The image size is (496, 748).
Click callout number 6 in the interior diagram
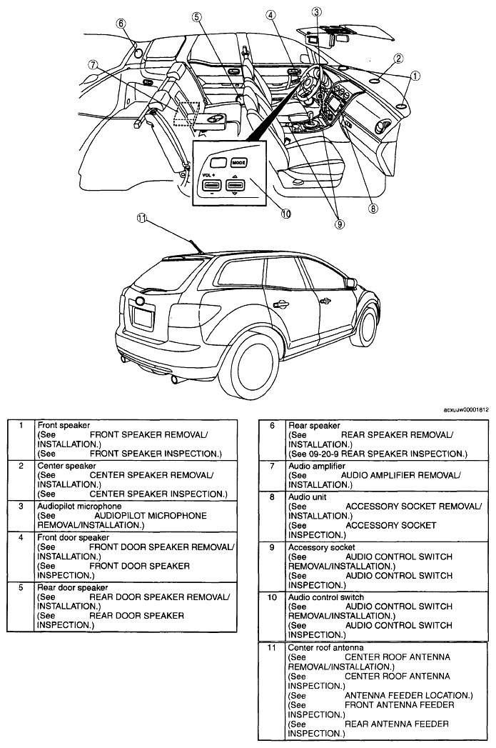[121, 24]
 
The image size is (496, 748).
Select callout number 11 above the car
[141, 218]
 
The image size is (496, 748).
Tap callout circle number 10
[286, 214]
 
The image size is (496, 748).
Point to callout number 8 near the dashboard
[373, 208]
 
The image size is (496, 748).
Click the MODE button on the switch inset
[238, 163]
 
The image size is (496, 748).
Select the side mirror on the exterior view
[351, 284]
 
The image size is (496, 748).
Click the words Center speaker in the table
[66, 466]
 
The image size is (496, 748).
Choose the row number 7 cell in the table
[272, 466]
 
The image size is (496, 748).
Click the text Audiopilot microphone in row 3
[79, 506]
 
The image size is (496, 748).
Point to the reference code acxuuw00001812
[466, 409]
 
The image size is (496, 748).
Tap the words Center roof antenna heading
[325, 647]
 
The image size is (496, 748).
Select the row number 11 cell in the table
[272, 647]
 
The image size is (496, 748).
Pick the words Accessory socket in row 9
[322, 547]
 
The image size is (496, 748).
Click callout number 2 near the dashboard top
[398, 59]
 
